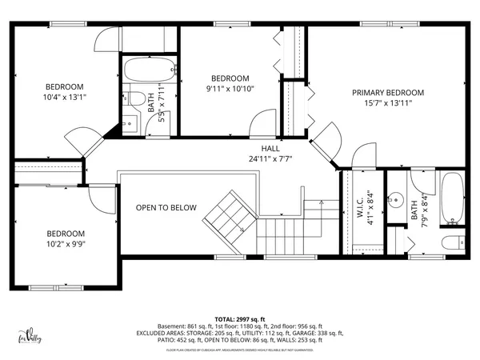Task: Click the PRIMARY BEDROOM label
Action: pos(388,93)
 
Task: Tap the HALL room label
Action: pos(270,148)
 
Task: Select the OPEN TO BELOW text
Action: pos(166,207)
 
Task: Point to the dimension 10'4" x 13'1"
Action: pos(64,97)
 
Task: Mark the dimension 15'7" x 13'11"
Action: pos(388,103)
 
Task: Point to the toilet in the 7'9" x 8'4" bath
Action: pos(452,243)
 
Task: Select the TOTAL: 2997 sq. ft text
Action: pos(239,318)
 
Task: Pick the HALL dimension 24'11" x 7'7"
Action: pos(270,158)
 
